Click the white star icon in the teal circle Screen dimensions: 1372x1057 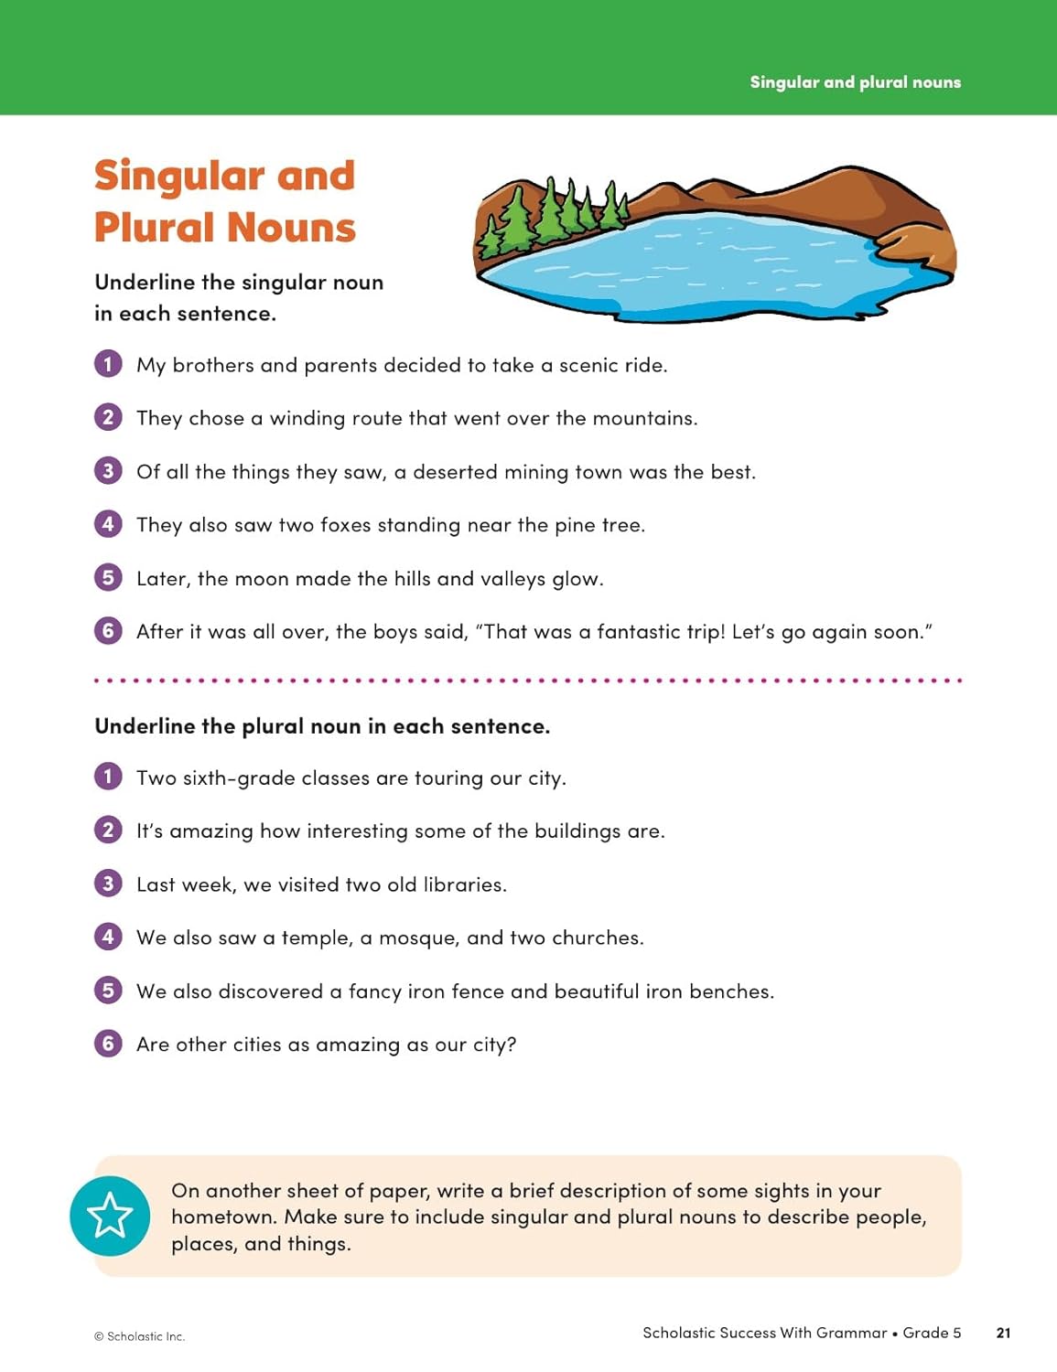click(x=110, y=1216)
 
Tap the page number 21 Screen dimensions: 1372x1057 click(x=1003, y=1333)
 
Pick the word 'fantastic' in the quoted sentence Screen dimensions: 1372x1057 click(x=640, y=632)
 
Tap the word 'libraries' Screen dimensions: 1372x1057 click(x=463, y=884)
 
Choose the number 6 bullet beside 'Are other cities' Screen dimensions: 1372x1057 click(x=108, y=1044)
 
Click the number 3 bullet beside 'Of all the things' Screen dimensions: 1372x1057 click(x=108, y=471)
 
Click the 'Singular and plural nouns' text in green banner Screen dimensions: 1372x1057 click(x=855, y=82)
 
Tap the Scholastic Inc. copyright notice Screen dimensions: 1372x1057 click(x=139, y=1336)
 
